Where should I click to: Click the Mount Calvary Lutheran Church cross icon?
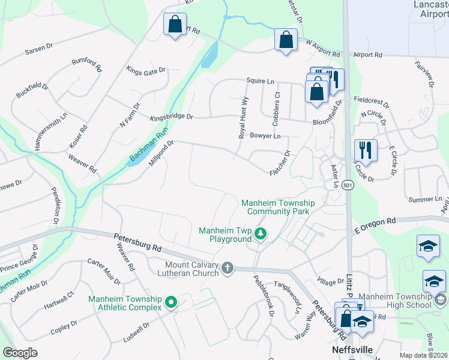pos(227,268)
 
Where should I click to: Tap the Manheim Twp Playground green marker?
pos(260,234)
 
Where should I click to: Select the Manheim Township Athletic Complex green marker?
pos(171,303)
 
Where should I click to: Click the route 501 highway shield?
pos(348,186)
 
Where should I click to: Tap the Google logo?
pos(20,352)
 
